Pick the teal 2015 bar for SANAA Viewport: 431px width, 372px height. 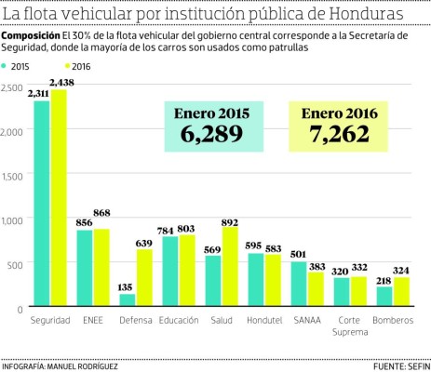298,283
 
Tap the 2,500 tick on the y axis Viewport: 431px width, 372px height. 13,86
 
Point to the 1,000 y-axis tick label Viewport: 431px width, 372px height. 13,220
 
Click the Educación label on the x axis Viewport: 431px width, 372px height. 178,320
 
